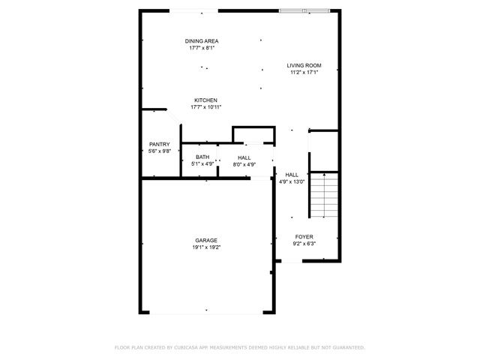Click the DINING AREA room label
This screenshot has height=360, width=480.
click(202, 40)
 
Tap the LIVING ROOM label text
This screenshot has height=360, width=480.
click(305, 66)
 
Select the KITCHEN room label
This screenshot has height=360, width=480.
click(205, 100)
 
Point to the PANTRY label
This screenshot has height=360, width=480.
click(159, 144)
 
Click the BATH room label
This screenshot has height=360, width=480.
click(202, 157)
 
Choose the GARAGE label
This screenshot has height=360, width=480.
click(206, 240)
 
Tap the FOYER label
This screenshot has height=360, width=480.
click(304, 236)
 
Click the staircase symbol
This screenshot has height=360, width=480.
click(325, 196)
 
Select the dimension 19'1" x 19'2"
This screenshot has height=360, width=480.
click(206, 247)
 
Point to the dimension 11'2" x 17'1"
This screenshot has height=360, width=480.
click(305, 73)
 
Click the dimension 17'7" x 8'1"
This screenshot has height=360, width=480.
click(202, 47)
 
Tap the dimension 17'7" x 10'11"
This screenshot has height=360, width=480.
click(205, 106)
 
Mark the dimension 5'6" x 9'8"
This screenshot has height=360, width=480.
click(159, 151)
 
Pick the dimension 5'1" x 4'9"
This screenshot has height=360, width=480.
click(202, 163)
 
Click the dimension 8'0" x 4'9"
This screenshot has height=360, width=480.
click(244, 163)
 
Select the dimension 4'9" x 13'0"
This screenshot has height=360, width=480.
click(292, 181)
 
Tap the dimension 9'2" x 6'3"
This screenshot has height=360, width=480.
click(304, 243)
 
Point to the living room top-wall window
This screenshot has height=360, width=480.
click(304, 10)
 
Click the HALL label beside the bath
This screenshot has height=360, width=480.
click(244, 157)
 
